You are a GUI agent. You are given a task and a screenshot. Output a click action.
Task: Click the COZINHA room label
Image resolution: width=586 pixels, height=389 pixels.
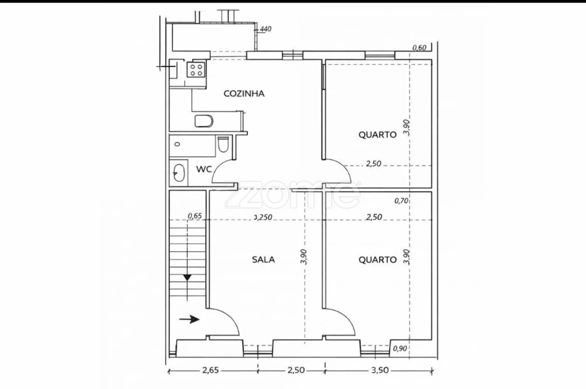coord(244,93)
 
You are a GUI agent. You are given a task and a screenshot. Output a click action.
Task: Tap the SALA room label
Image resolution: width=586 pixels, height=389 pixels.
coord(264,259)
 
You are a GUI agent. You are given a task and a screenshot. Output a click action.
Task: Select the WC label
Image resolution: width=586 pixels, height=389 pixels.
coord(203,169)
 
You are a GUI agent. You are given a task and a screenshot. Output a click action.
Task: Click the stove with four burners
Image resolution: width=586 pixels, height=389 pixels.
coord(196,69)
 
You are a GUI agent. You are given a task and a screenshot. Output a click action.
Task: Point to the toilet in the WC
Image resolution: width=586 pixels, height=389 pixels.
coord(224,145)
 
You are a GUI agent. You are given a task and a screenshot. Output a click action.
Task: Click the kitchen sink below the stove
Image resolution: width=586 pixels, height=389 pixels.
coord(204,120)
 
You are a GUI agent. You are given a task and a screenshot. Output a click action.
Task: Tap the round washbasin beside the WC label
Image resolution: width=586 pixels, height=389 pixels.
coord(178,173)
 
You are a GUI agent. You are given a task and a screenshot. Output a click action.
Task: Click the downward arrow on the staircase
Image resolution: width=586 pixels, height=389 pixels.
coord(187,277)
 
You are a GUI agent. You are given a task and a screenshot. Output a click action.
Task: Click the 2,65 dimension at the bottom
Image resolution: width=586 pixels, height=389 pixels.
coord(211,370)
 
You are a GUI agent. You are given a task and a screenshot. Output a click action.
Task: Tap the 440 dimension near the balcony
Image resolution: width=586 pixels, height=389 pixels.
coord(265,29)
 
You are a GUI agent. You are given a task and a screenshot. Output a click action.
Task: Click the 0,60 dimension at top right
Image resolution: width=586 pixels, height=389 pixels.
coord(420,48)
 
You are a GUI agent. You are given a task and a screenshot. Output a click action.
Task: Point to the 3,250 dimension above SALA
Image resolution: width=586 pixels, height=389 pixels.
coord(263,217)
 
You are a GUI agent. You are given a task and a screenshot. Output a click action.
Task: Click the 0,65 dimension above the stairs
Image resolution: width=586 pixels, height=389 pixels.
coord(194,216)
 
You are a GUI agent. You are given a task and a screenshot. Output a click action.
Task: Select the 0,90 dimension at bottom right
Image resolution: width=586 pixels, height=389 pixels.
coord(400,348)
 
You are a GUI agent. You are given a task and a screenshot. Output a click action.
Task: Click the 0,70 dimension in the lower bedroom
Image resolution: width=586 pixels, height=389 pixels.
coord(400,200)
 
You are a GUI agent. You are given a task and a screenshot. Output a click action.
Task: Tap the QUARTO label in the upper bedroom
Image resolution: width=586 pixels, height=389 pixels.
coord(378,135)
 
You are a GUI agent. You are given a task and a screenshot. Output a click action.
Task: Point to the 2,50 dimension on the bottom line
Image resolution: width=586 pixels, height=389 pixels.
coord(296,370)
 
